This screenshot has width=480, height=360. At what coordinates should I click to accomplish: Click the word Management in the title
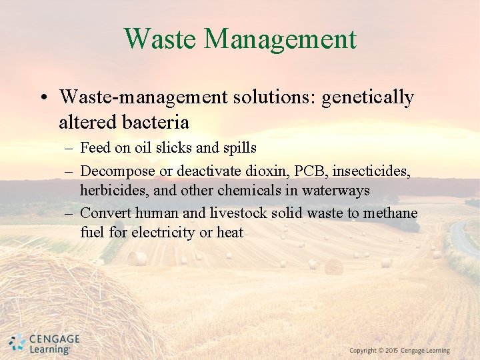(280, 39)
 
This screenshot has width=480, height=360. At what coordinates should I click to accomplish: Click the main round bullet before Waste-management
(42, 98)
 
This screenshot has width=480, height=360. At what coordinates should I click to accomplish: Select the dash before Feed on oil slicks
(69, 148)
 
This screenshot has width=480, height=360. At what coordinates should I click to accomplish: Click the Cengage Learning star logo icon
(17, 343)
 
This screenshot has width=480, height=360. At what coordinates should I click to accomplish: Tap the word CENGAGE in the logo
(54, 339)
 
